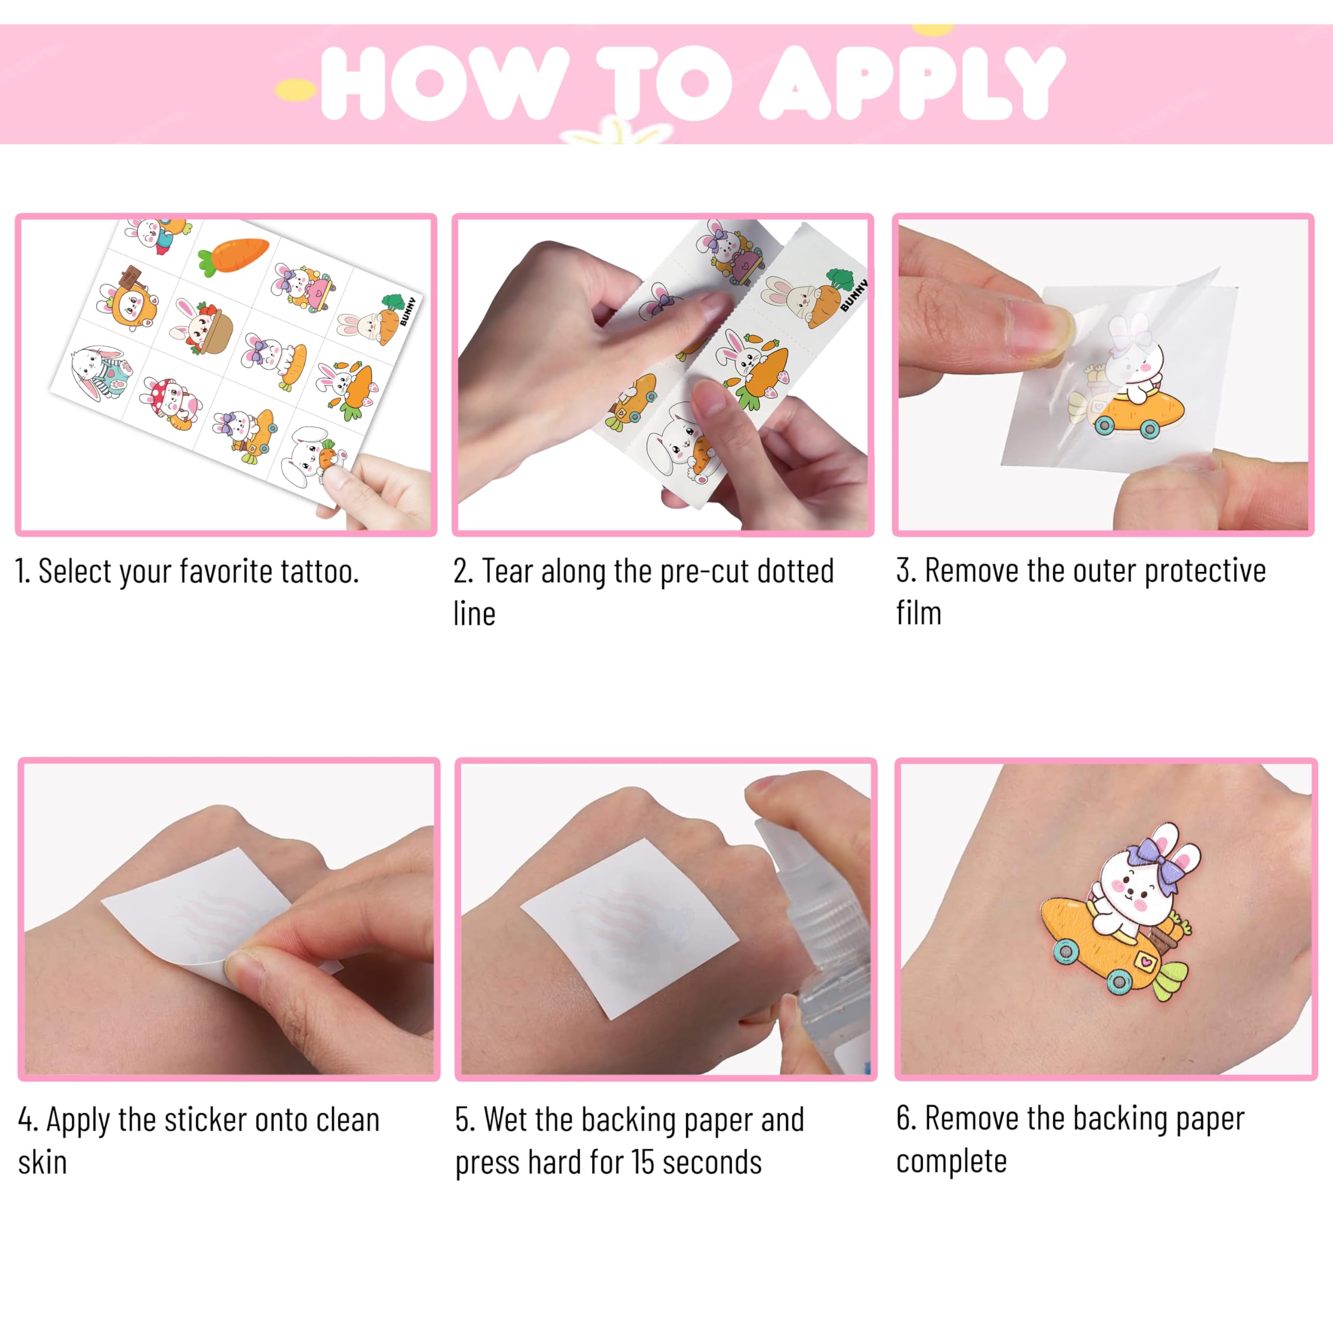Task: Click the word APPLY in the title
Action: [x=912, y=83]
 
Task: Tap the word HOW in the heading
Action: [x=445, y=83]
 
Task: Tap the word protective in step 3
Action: [x=1205, y=572]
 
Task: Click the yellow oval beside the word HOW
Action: [x=295, y=89]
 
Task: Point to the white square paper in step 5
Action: [x=629, y=928]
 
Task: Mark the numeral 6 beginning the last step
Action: [x=904, y=1118]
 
